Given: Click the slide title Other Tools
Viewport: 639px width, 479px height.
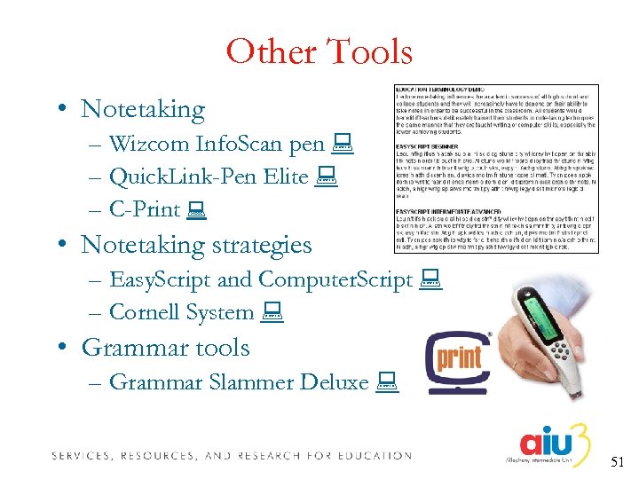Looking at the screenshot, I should coord(319,52).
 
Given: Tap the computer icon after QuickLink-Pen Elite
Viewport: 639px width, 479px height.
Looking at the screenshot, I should coord(325,177).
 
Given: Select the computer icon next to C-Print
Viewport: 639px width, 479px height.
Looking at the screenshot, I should coord(196,210).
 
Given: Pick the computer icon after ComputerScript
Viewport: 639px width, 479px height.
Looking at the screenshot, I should coord(429,279).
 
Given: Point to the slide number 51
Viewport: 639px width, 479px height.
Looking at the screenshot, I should coord(618,461).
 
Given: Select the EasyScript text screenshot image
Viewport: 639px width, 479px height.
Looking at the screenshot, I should coord(496,168).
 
